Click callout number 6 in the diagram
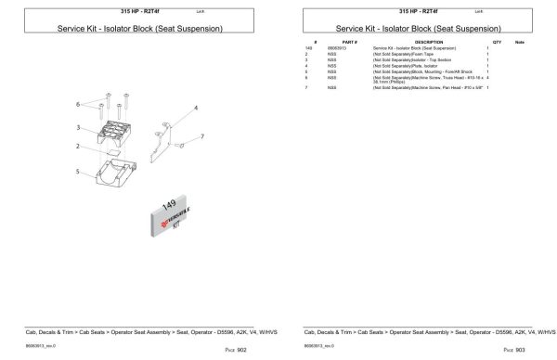pos(77,104)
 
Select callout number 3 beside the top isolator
pos(80,127)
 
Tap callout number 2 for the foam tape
pos(78,146)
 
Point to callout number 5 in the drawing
pos(78,172)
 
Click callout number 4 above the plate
pos(196,109)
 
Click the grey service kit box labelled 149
pos(170,215)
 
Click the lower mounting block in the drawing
pos(118,173)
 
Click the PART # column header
pos(349,43)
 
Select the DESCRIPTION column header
pos(428,43)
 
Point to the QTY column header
pos(497,43)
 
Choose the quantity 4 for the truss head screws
pos(487,77)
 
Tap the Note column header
pos(520,43)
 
